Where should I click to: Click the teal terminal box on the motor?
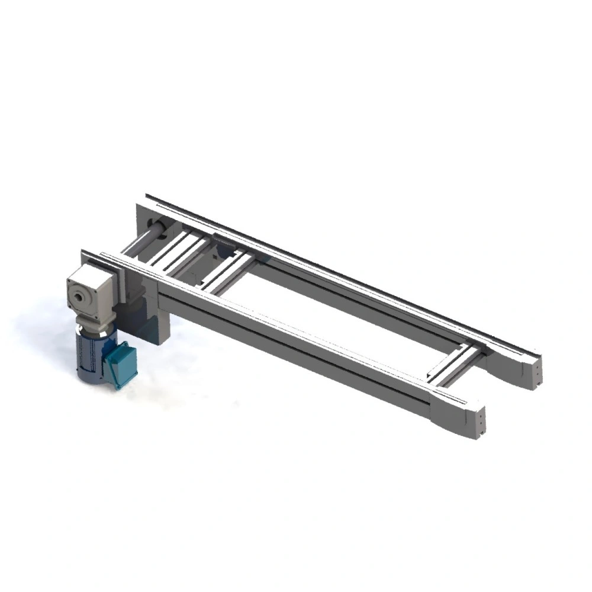coord(120,365)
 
